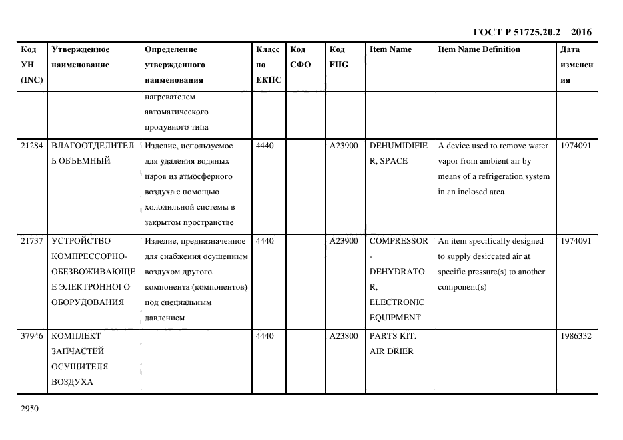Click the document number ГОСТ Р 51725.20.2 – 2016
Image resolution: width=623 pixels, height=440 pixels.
[532, 32]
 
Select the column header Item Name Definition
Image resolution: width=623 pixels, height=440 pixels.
[478, 49]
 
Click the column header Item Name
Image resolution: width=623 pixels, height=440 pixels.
[390, 49]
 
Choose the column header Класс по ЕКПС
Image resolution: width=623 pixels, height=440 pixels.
[269, 65]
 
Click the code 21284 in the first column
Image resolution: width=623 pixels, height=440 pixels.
[32, 146]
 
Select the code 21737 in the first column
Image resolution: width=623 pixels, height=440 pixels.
[32, 241]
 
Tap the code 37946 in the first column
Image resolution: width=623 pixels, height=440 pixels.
[32, 336]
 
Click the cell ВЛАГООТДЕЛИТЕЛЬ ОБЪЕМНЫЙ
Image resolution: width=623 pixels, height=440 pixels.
[92, 153]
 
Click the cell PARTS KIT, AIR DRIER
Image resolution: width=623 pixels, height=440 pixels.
[392, 343]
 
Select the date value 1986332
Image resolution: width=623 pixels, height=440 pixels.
[576, 336]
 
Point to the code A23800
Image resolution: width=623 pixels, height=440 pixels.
[344, 336]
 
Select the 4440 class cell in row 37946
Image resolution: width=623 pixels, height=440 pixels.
[265, 336]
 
